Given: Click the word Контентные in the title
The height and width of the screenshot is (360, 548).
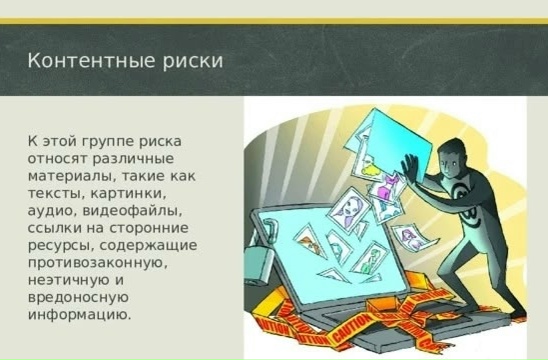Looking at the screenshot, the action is coord(91,60).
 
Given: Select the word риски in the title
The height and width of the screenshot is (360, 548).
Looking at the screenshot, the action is coord(193,61).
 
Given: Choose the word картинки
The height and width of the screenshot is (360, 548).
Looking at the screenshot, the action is coord(128,194).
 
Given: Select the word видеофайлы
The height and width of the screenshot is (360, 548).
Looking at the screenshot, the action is coord(132,211).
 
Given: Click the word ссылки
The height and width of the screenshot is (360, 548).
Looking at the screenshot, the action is coord(53,228).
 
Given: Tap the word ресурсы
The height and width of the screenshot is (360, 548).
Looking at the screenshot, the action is coord(60,246).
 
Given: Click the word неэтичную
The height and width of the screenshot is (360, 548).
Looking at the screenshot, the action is coord(67,280).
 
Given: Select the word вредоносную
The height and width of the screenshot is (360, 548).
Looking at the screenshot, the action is coord(79,298).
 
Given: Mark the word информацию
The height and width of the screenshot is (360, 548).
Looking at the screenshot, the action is coord(79,315).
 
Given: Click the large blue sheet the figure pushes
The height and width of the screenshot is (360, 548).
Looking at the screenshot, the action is coord(398,144).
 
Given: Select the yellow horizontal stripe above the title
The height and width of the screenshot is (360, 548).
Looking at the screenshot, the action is coord(274,21).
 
